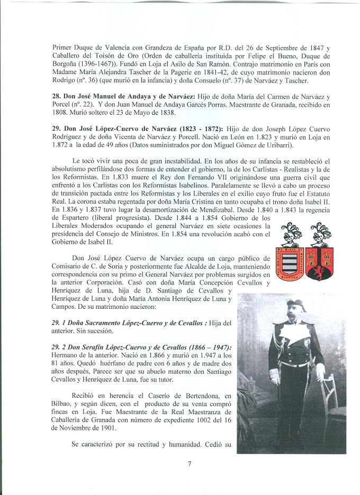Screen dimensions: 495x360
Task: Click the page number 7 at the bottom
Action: pos(189,464)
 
